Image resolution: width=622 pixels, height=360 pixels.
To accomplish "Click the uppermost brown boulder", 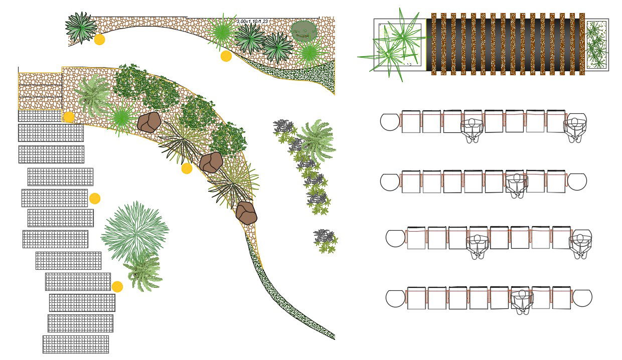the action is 149,122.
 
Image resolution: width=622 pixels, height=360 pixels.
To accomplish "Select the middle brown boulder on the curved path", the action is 211,162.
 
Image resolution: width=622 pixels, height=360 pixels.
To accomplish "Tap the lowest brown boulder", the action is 246,213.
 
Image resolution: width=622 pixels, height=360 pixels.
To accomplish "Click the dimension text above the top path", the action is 252,21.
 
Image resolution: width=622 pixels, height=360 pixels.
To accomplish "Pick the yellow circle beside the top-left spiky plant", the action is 99,40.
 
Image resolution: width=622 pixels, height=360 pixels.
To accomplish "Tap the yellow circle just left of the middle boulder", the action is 187,168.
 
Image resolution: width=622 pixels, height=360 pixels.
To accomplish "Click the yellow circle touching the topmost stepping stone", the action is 69,117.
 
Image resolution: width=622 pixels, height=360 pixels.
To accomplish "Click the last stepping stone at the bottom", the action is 76,344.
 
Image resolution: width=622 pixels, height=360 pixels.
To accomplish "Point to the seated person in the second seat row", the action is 515,184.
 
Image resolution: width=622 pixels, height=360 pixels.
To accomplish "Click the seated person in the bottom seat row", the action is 522,301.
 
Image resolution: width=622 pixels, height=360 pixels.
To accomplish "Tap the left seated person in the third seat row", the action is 478,245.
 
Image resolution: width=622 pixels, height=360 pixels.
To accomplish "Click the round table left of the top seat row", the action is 390,122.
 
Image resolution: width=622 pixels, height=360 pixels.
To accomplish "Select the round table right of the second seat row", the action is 576,182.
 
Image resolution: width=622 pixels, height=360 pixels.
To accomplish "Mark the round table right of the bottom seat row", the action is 582,298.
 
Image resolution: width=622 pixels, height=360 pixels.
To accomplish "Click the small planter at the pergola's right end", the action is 597,45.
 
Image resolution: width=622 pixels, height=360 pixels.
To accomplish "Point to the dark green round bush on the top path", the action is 304,31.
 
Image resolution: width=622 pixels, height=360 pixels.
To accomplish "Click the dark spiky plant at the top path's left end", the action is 81,27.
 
